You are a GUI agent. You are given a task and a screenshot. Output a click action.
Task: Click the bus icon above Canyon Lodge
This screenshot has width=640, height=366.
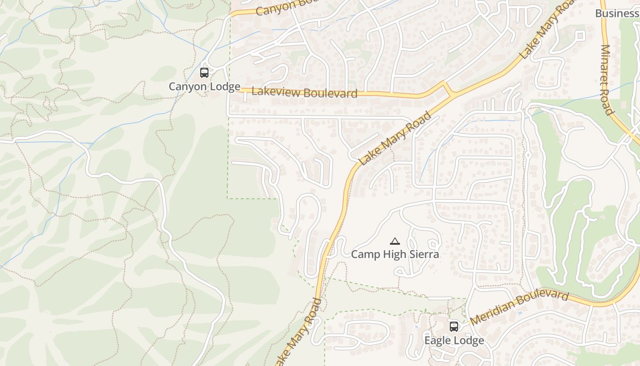pos(204,72)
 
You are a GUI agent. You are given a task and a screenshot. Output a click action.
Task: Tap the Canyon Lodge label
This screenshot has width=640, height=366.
pos(204,86)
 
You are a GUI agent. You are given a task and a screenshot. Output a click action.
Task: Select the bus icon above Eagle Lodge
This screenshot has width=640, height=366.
pos(454,327)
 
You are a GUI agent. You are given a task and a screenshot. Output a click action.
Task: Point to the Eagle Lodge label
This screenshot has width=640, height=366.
pos(454,341)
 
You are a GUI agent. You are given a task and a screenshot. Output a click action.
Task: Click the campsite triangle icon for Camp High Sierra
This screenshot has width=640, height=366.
pos(395,241)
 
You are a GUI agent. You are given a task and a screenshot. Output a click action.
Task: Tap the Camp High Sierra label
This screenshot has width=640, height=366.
pos(395,254)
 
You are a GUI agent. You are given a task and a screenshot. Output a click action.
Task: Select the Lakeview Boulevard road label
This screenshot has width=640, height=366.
pos(304,92)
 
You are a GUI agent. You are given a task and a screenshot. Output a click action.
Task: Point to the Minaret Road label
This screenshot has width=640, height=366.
pos(606,80)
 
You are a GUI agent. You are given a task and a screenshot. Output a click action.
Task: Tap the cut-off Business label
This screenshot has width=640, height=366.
pos(617,13)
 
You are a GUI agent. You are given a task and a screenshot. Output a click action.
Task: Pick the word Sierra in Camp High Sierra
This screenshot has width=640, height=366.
pos(424,254)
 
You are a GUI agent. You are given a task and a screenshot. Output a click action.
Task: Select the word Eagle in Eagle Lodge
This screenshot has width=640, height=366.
pos(437,341)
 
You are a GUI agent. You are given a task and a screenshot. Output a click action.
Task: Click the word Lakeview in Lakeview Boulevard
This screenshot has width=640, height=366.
pos(276,91)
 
